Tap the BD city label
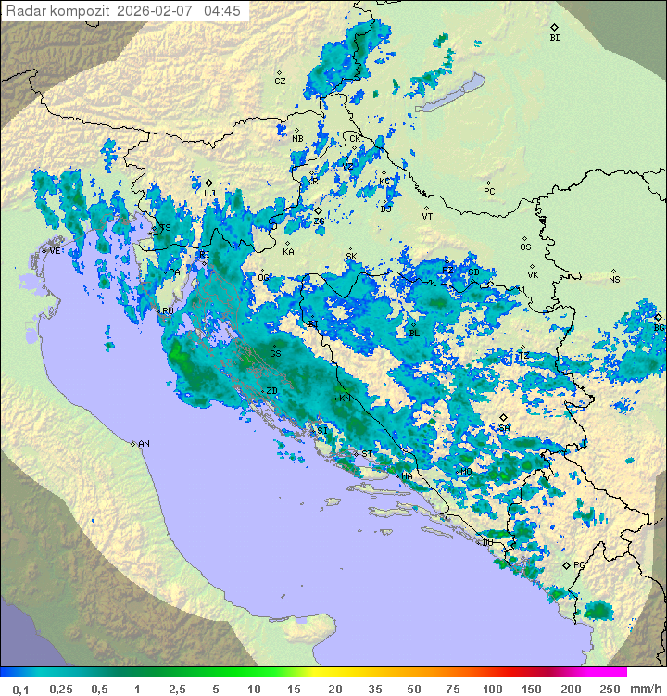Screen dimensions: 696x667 (555, 38)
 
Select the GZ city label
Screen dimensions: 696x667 (280, 82)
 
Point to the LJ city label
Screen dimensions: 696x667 (209, 193)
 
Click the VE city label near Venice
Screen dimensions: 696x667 (55, 251)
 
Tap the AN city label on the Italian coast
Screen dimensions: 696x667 (144, 444)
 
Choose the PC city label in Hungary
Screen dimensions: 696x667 (489, 192)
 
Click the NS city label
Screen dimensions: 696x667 (614, 280)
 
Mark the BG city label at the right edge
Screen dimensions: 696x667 (659, 327)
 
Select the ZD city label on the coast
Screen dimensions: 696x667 (271, 391)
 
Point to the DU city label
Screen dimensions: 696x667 (487, 542)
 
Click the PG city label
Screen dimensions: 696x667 (579, 564)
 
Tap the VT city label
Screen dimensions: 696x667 (427, 216)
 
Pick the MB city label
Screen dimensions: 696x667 (297, 139)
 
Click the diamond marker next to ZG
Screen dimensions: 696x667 (318, 210)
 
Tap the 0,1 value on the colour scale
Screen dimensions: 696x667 (20, 689)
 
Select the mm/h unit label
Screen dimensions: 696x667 (642, 689)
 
